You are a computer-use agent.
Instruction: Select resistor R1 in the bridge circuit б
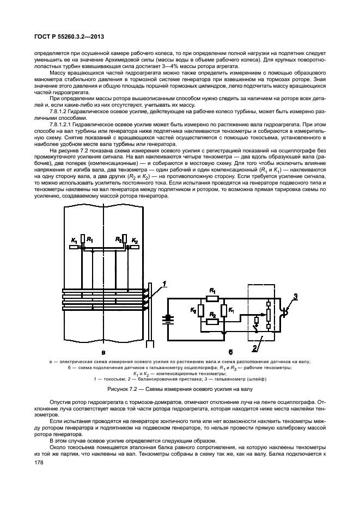[212, 298]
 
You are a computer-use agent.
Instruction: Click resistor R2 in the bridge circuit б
[212, 322]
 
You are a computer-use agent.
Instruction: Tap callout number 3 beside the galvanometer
[296, 296]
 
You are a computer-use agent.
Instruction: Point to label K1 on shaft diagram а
[74, 240]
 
